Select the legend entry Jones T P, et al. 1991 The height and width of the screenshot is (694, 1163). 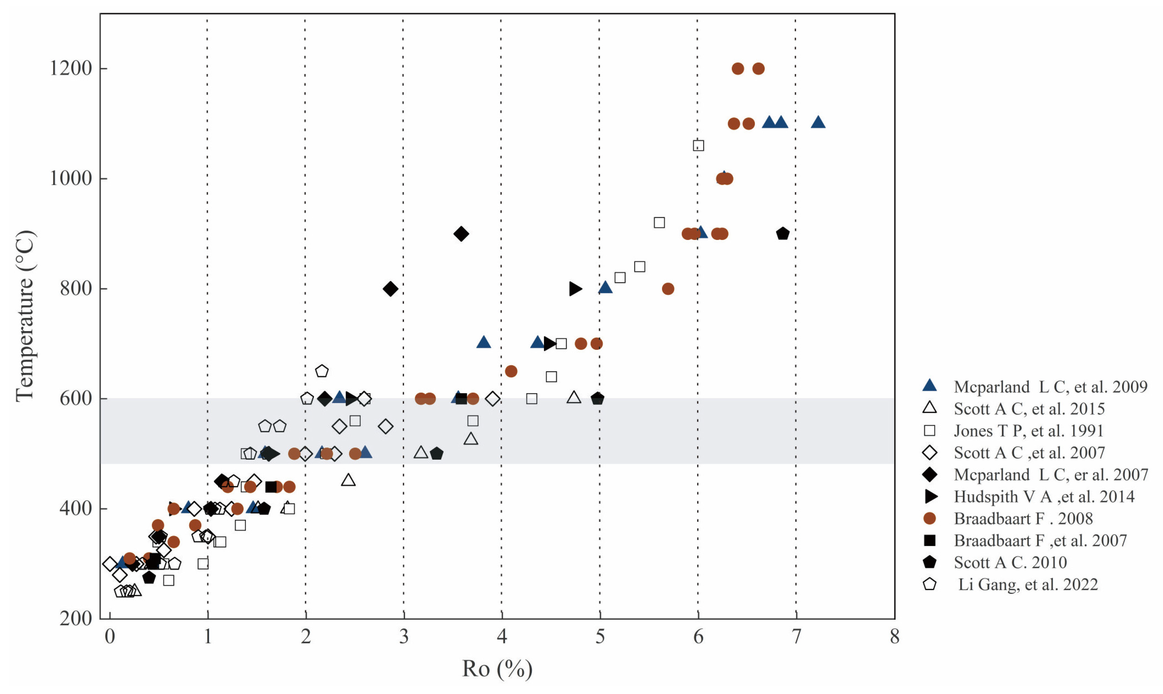pos(1028,431)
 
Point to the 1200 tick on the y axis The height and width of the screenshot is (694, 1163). pos(71,68)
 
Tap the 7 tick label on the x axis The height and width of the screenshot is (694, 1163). pos(796,637)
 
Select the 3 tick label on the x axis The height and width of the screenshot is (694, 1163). pos(403,637)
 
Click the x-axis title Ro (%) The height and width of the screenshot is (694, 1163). pos(497,669)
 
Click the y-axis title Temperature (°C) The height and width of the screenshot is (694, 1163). pos(26,316)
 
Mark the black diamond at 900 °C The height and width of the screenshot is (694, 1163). pos(461,234)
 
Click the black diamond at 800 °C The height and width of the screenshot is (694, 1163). pos(390,289)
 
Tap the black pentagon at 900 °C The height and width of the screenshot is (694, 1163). pos(782,234)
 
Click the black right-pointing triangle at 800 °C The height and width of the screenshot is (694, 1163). pos(575,289)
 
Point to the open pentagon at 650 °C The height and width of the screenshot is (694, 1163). pos(322,371)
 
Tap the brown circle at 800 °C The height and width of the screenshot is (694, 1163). pos(668,289)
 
